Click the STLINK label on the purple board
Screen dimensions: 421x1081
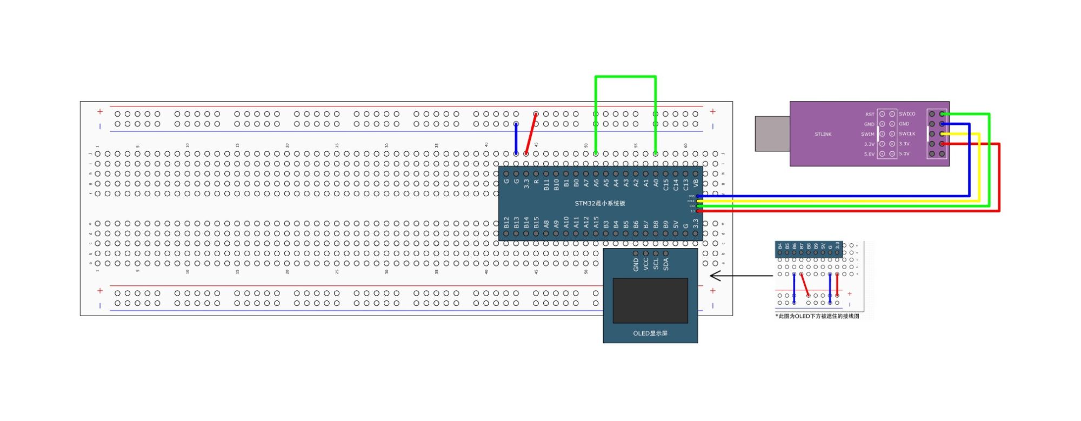tap(823, 134)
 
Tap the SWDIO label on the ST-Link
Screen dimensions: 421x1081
tap(907, 114)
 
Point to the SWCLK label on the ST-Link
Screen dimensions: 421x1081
tap(907, 134)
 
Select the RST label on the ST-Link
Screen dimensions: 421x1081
tap(869, 115)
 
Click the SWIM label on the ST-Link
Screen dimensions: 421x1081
tap(868, 134)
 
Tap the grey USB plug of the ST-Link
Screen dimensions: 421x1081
tap(772, 133)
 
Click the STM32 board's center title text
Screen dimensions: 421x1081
tap(599, 203)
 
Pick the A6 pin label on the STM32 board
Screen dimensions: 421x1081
tap(596, 184)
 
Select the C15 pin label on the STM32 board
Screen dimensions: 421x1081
tap(665, 185)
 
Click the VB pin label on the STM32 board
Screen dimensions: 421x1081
tap(696, 184)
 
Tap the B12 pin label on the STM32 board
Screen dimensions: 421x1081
tap(506, 223)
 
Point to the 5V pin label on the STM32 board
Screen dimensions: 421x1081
tap(676, 224)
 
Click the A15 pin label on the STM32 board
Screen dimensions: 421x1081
tap(596, 223)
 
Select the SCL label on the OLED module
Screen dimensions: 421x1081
tap(656, 264)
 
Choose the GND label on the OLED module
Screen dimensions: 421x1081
tap(636, 264)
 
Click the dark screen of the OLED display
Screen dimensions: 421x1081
tap(650, 300)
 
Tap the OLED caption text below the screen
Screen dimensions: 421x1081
tap(650, 333)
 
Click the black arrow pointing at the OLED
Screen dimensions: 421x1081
tap(740, 276)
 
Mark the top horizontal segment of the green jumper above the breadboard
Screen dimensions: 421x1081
tap(625, 77)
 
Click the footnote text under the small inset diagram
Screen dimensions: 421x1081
tap(817, 316)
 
